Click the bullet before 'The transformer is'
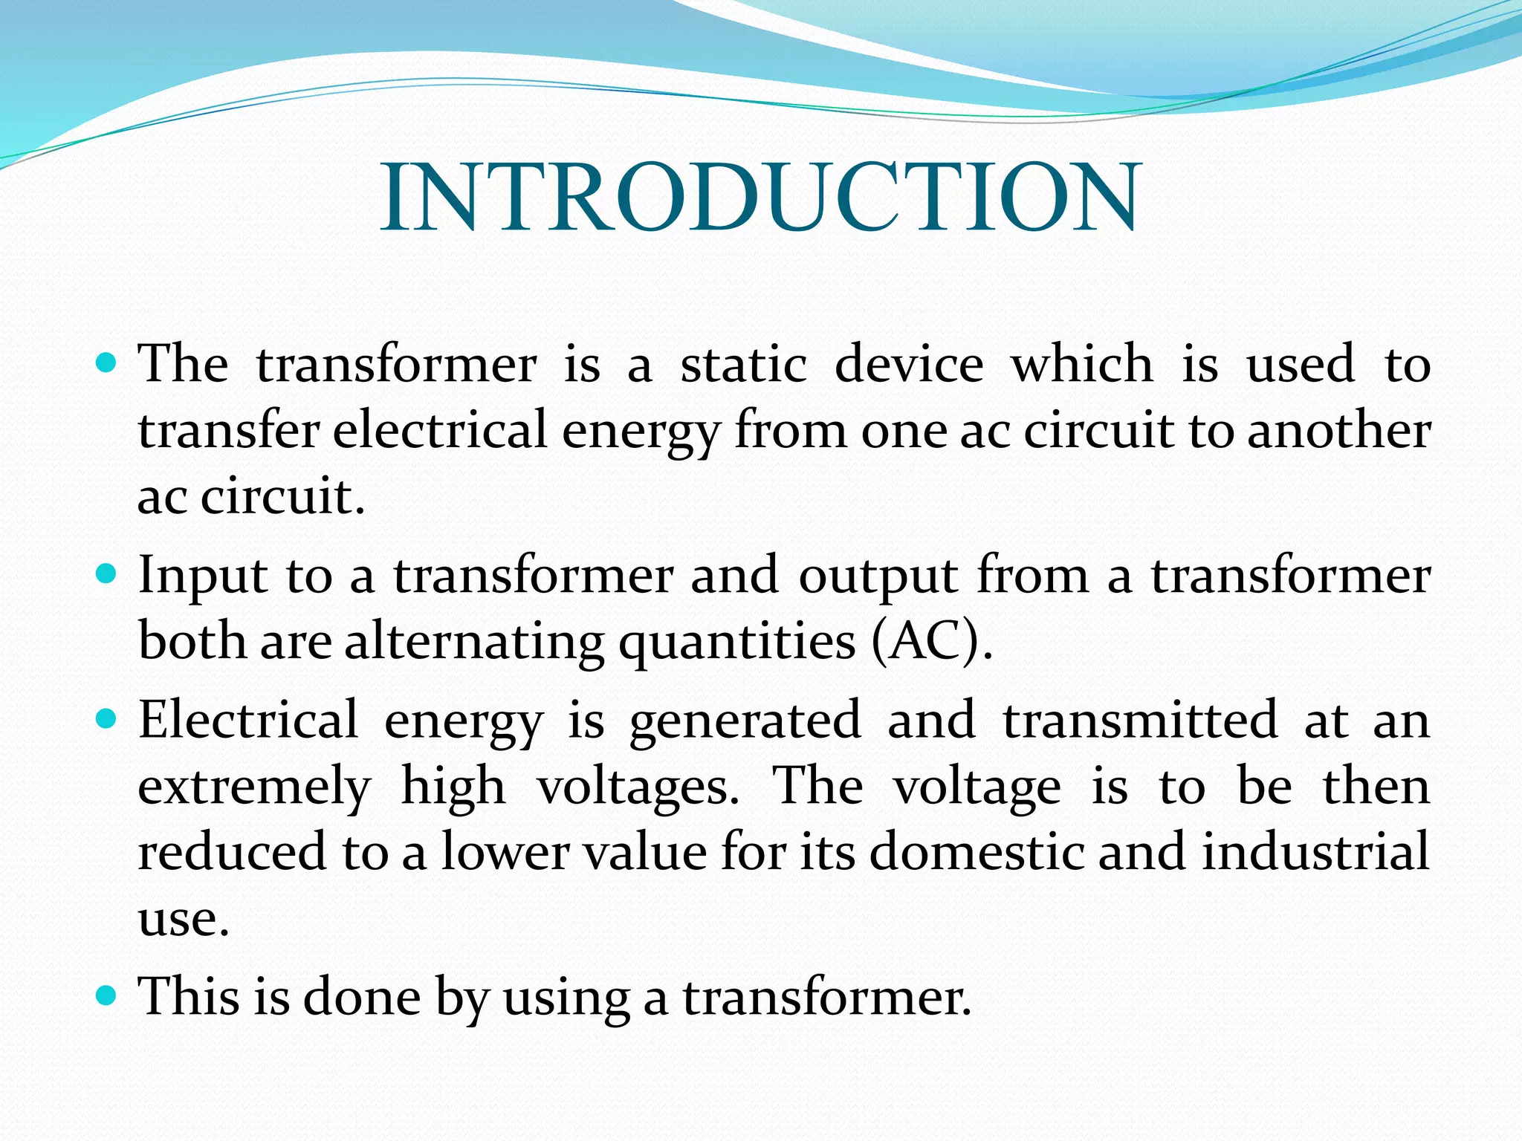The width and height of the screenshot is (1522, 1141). point(107,364)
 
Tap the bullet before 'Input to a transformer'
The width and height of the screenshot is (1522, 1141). point(107,574)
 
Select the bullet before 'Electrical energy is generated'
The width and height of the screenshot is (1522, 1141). point(107,719)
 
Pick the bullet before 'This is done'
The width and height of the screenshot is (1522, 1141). point(107,995)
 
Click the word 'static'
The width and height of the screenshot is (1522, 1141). point(744,365)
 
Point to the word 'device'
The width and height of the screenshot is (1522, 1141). point(909,365)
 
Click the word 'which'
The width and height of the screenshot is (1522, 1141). point(1082,365)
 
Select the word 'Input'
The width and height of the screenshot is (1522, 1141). point(202,576)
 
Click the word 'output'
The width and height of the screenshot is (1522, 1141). point(878,576)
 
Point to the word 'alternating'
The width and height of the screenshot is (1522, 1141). point(474,642)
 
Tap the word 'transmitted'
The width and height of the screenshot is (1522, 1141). point(1140,720)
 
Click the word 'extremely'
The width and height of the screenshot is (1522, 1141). point(254,787)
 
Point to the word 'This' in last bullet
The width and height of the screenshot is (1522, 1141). point(190,996)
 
